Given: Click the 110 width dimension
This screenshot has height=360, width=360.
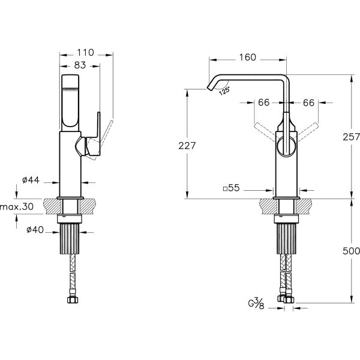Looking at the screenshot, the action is tap(85, 53).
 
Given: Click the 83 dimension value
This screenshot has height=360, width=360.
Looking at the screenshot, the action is tap(80, 65).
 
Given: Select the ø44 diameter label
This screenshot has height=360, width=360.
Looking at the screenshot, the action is tap(31, 180).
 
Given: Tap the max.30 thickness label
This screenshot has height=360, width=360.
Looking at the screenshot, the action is tap(17, 206).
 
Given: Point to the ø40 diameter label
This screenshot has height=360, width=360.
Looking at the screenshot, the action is tap(35, 230).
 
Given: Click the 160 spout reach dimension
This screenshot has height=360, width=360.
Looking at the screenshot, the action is tap(247, 58).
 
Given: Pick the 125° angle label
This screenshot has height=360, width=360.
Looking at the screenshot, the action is tap(224, 91).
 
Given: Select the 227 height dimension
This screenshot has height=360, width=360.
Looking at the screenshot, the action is tap(187, 146).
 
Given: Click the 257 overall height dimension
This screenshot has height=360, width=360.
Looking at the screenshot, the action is tap(351, 137).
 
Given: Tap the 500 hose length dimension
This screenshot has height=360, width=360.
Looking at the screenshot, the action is tap(351, 251).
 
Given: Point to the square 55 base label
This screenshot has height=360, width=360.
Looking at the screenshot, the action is tap(232, 188).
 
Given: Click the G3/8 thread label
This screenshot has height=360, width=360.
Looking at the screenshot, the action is tap(256, 303).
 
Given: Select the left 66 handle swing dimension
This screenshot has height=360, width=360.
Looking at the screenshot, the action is tap(263, 103).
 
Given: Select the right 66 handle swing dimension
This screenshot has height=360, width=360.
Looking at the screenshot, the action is tap(308, 103).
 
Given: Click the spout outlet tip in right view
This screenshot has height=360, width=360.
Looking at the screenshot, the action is tap(209, 88).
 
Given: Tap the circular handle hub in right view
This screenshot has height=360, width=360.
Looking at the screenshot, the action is tap(286, 147).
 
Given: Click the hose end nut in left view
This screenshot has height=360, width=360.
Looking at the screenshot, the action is tap(73, 299).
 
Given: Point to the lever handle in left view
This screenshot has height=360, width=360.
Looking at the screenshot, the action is tap(93, 136).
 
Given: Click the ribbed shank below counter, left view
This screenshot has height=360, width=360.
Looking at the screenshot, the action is tap(70, 239).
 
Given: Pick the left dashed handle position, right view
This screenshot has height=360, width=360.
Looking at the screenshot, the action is tap(265, 131).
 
